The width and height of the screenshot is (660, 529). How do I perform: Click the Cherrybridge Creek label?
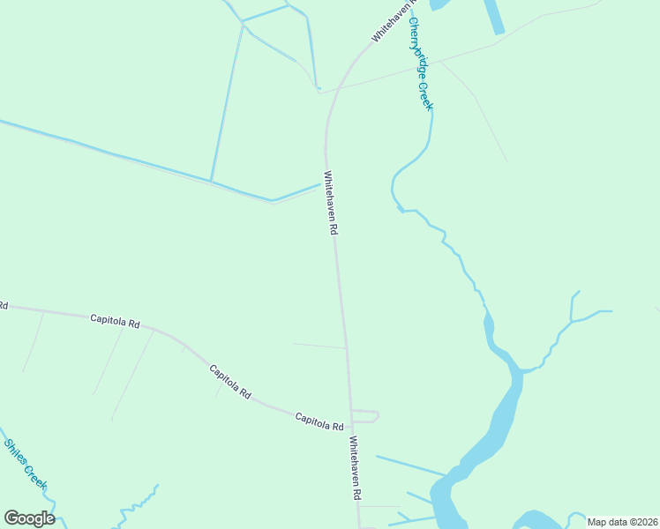coord(420,65)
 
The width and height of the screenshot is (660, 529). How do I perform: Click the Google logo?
coord(29,518)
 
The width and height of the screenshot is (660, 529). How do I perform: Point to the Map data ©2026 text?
coord(622,522)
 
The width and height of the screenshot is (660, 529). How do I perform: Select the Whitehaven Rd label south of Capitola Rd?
coord(355,468)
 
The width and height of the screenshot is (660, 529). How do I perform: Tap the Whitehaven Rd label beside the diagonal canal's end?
coord(331,202)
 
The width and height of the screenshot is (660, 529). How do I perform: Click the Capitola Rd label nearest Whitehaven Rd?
coord(319,421)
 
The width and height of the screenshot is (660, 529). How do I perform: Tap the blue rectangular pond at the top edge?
coord(494,16)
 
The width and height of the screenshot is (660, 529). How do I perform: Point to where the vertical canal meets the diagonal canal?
coord(212,181)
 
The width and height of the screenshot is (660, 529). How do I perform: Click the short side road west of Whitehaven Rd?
coord(319,346)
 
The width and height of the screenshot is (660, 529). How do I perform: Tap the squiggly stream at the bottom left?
coord(132,507)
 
